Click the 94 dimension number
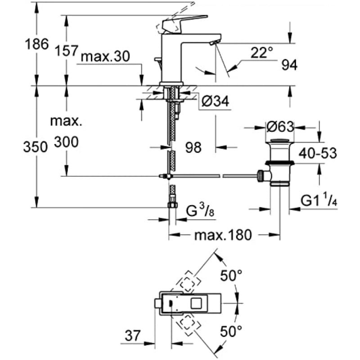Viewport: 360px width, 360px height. (x=289, y=66)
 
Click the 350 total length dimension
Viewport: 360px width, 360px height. (x=35, y=147)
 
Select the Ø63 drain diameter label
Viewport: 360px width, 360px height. (x=279, y=127)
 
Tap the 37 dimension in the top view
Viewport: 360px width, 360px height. (x=132, y=335)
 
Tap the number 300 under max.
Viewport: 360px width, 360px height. (x=67, y=143)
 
